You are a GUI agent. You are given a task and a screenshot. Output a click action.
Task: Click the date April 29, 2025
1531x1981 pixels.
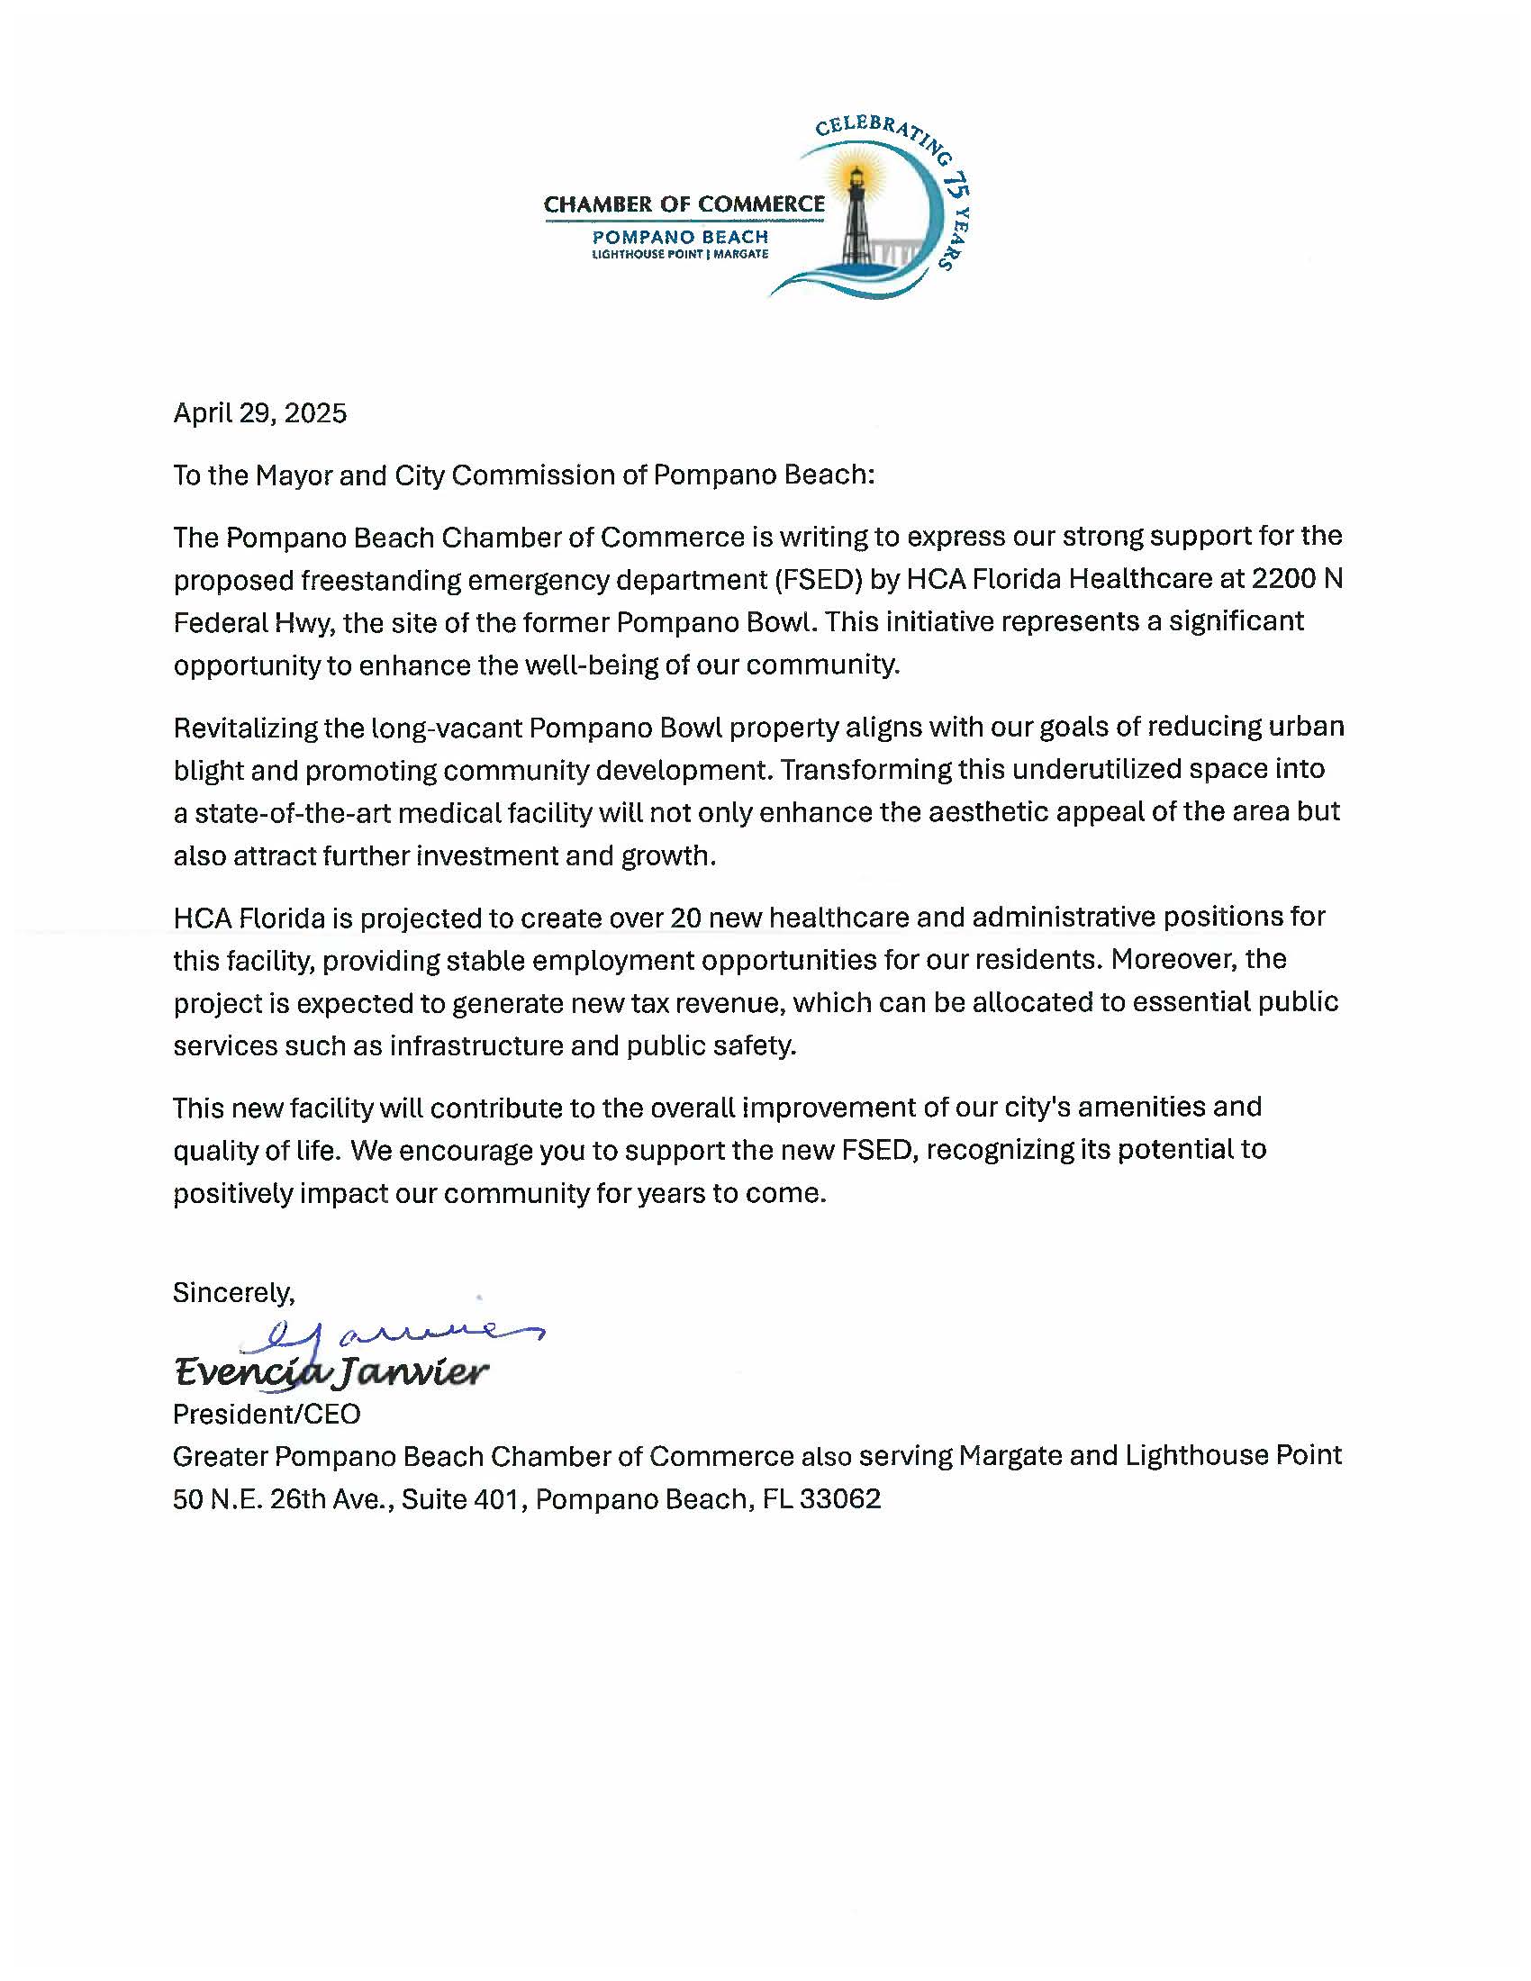coord(259,413)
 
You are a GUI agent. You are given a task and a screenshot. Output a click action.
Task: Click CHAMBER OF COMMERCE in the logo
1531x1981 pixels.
coord(684,204)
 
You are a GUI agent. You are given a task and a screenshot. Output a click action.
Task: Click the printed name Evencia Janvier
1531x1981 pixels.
coord(331,1371)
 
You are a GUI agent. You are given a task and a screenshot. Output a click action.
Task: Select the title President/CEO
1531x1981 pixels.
coord(267,1414)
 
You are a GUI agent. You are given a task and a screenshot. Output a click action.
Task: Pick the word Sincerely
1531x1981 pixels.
coord(234,1292)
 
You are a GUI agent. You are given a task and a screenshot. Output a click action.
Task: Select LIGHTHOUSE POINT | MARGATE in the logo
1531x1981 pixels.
coord(679,255)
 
